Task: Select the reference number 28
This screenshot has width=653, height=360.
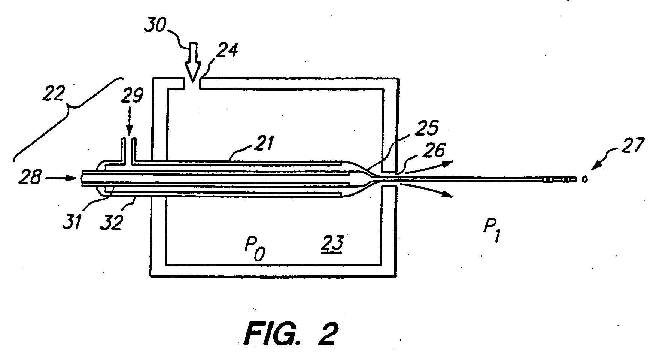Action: pos(30,177)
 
